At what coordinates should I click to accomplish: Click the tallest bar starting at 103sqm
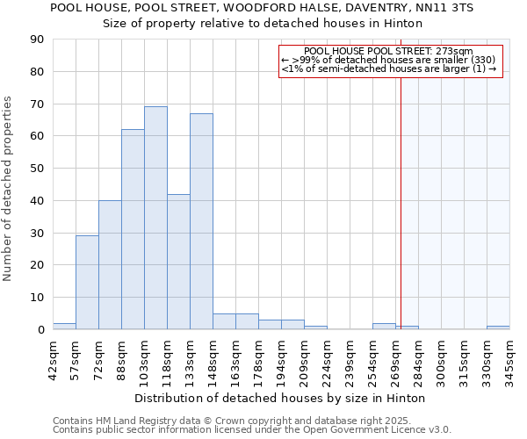pos(155,218)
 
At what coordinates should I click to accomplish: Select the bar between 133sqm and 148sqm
pos(201,221)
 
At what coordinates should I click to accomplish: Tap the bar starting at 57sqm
pos(87,283)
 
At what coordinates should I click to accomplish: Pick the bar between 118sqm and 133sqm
pos(178,262)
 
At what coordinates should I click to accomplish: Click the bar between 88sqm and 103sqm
pos(133,229)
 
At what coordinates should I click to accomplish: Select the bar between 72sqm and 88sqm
pos(110,265)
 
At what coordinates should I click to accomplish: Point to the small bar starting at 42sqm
pos(64,326)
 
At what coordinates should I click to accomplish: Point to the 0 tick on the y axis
pos(41,330)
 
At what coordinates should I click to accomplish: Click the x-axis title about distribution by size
pos(280,398)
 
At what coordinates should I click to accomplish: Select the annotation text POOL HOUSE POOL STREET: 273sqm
pos(389,52)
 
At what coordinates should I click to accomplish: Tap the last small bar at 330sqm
pos(498,327)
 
